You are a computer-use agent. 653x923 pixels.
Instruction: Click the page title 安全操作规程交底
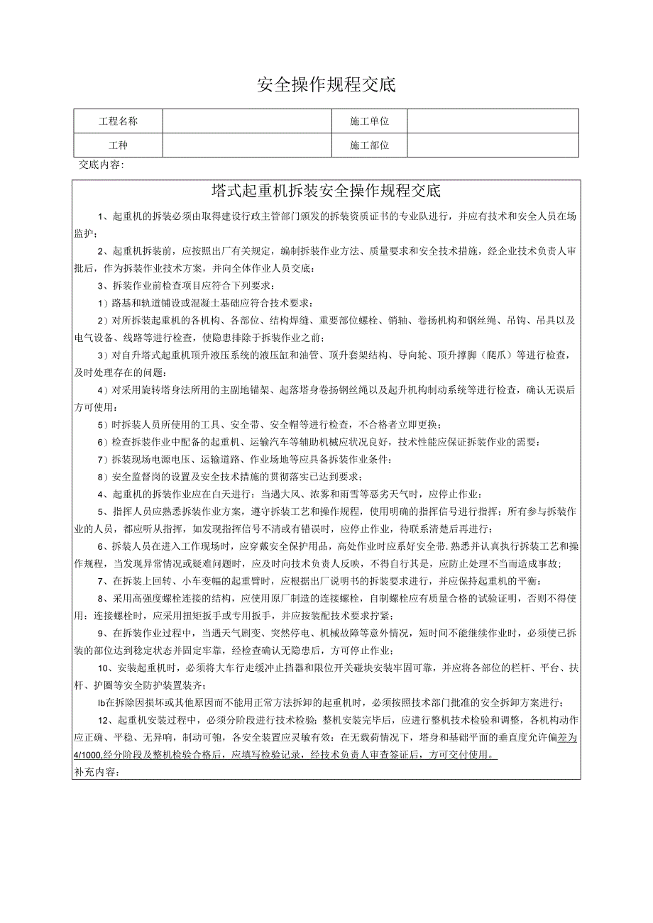coord(326,85)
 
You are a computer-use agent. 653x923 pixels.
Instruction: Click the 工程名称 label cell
coord(118,121)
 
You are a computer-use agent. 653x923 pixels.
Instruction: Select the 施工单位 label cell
coord(369,121)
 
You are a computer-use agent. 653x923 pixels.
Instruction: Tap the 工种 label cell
coord(118,145)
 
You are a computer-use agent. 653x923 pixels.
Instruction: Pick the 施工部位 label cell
coord(369,145)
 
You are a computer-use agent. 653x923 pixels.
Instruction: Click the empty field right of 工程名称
coord(247,121)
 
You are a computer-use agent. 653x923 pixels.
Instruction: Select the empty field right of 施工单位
coord(493,121)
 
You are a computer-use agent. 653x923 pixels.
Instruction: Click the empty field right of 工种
coord(247,145)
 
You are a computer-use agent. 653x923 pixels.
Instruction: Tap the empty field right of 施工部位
coord(493,145)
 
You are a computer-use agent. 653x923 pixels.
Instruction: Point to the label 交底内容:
coord(101,165)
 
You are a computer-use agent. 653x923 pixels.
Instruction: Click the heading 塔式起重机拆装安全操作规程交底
coord(326,191)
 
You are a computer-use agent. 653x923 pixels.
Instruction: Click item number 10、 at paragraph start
coord(105,668)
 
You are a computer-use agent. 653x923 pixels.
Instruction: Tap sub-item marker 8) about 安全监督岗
coord(102,476)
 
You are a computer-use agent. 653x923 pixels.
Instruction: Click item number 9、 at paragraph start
coord(103,633)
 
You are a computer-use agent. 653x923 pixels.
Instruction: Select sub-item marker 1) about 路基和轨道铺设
coord(102,303)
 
